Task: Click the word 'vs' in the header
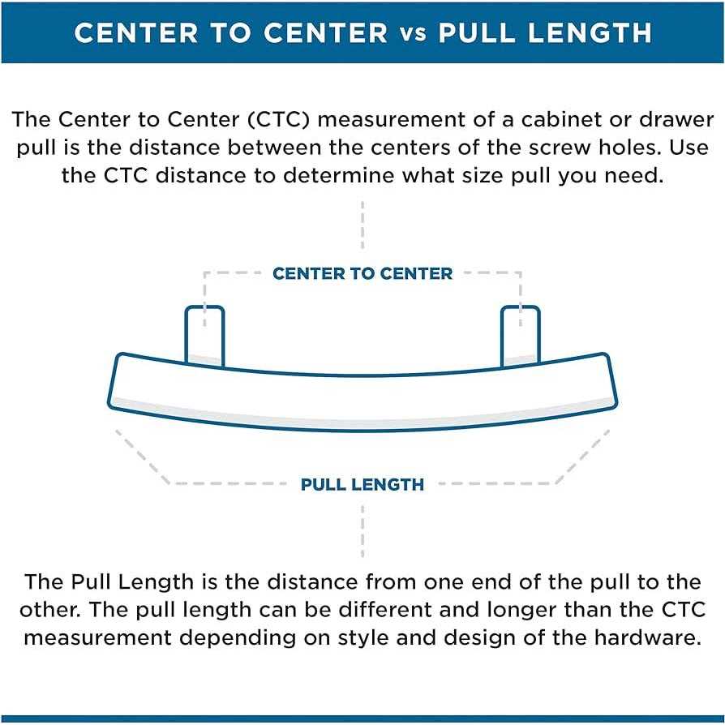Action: tap(413, 33)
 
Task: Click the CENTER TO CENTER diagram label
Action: tap(362, 273)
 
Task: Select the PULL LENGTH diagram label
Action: tap(362, 485)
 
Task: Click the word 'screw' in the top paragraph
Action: tap(569, 148)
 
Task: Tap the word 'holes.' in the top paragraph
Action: tap(638, 148)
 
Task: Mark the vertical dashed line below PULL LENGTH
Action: tap(362, 531)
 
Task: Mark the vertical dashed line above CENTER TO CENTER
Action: tap(362, 227)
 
